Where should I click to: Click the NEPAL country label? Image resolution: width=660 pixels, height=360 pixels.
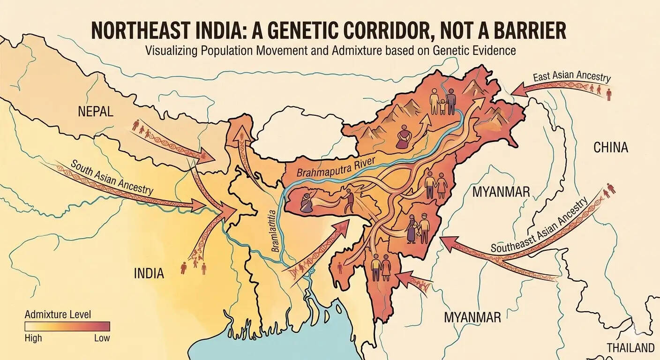(x=96, y=112)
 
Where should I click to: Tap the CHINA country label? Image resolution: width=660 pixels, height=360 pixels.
(x=610, y=148)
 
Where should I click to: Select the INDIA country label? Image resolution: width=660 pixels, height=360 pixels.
(x=149, y=273)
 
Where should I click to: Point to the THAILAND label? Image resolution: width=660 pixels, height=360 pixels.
(x=630, y=348)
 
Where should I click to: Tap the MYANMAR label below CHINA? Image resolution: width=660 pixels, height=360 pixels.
(x=501, y=192)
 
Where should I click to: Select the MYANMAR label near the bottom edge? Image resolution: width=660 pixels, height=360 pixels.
(x=472, y=317)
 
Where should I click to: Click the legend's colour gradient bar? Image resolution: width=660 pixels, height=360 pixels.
(x=67, y=326)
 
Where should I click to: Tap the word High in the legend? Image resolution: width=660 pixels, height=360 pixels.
(x=33, y=338)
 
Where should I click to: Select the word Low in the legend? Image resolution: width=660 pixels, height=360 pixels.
(x=102, y=338)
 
